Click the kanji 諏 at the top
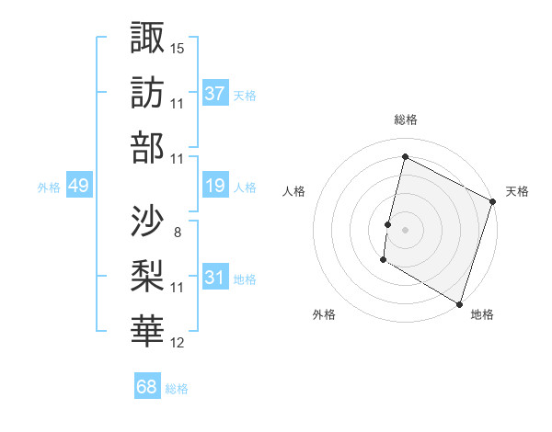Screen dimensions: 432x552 point(148,38)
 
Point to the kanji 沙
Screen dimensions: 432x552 point(148,221)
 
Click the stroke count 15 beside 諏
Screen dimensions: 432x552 point(178,48)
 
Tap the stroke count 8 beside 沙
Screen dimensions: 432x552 point(177,232)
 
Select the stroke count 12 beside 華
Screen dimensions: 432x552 point(178,343)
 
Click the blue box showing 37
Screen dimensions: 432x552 point(215,93)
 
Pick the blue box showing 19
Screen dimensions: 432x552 point(215,186)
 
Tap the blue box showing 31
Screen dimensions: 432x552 point(215,278)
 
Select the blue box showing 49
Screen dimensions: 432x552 point(78,186)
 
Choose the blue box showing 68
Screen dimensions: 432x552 point(147,387)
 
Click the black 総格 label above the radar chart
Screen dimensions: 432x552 point(406,120)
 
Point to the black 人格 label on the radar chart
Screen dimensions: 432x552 point(294,191)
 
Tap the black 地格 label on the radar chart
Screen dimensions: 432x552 point(482,314)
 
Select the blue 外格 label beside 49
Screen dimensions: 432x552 point(49,187)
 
